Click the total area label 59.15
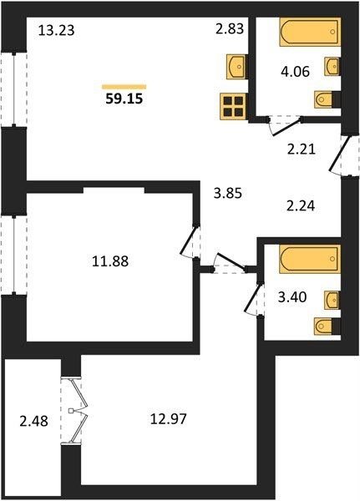pyautogui.click(x=124, y=99)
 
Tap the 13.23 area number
pyautogui.click(x=56, y=31)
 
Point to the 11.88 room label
pyautogui.click(x=110, y=261)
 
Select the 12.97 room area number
pyautogui.click(x=168, y=418)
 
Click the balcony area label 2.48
pyautogui.click(x=34, y=422)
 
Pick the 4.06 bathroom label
pyautogui.click(x=296, y=72)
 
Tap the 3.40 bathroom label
pyautogui.click(x=292, y=297)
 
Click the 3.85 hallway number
pyautogui.click(x=228, y=194)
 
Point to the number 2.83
pyautogui.click(x=230, y=28)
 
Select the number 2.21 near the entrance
pyautogui.click(x=302, y=149)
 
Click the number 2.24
pyautogui.click(x=301, y=206)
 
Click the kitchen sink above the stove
pyautogui.click(x=237, y=67)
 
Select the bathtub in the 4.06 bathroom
pyautogui.click(x=309, y=32)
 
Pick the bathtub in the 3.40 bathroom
pyautogui.click(x=309, y=259)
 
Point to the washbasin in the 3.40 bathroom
pyautogui.click(x=332, y=300)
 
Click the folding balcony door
pyautogui.click(x=75, y=411)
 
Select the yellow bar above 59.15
pyautogui.click(x=124, y=87)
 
